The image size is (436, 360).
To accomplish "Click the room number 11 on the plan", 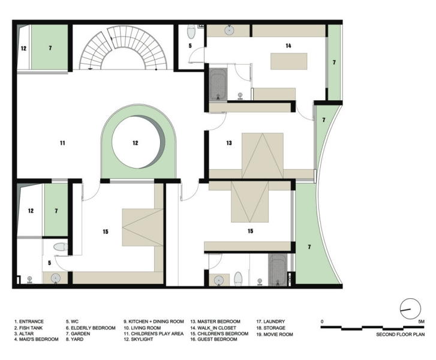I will [62, 143].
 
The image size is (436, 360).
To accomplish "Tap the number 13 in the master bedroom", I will [228, 143].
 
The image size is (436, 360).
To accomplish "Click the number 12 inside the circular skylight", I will [136, 143].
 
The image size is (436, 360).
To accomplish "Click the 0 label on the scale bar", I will [323, 322].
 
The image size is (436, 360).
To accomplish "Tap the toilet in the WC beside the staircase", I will [191, 31].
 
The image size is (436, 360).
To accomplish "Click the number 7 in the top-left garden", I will [50, 46].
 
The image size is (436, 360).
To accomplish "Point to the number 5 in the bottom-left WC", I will [50, 262].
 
